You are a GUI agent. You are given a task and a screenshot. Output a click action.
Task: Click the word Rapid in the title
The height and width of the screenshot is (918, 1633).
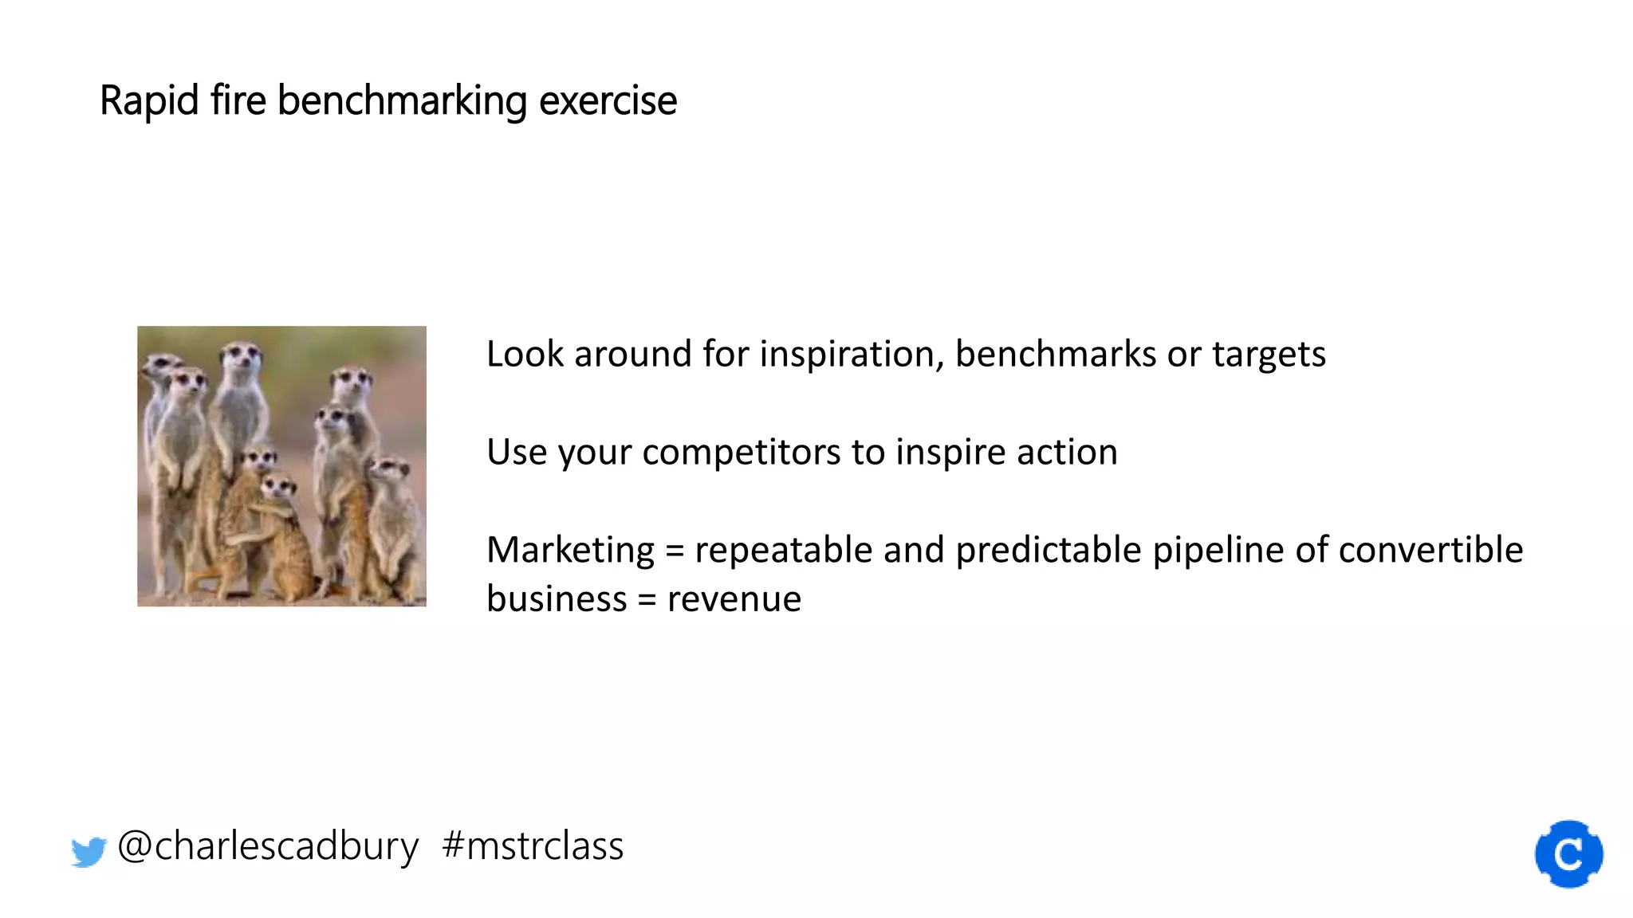149,101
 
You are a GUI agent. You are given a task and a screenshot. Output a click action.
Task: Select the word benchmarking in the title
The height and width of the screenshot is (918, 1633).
402,101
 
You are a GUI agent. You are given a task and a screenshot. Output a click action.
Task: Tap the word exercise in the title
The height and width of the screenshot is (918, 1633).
608,101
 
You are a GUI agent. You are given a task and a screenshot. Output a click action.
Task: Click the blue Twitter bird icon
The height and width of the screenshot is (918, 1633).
89,851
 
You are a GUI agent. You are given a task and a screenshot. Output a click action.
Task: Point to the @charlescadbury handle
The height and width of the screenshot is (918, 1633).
268,846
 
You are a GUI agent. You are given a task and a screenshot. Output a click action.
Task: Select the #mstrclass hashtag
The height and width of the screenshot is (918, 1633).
533,846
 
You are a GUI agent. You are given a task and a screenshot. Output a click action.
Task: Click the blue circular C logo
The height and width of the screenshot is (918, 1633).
1568,854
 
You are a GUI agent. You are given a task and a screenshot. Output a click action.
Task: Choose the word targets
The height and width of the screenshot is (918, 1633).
1269,355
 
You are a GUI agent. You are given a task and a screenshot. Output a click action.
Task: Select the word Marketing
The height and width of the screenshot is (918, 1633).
571,551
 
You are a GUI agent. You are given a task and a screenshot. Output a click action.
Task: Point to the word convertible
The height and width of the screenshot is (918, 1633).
1430,550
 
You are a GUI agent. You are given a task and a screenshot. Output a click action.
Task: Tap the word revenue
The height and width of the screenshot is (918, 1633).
734,599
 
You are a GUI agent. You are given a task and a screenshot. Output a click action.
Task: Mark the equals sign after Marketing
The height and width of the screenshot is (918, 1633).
675,551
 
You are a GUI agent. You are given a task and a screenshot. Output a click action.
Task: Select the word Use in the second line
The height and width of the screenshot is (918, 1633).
517,453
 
